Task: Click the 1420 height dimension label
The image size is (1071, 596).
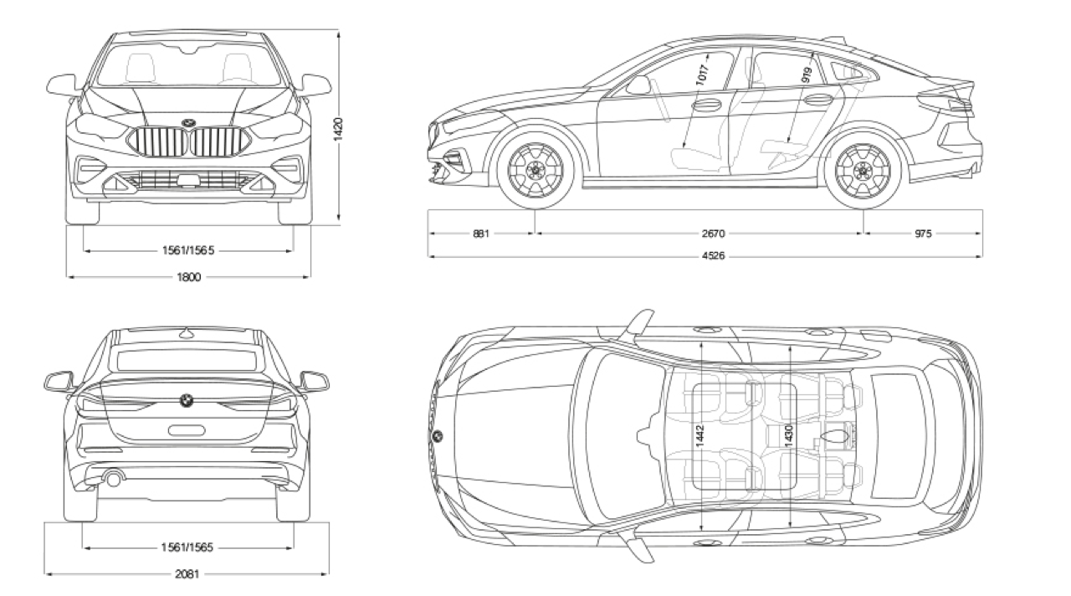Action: [x=339, y=129]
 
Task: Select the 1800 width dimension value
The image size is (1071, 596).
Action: [x=189, y=277]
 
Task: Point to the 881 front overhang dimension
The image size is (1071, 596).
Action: [x=480, y=234]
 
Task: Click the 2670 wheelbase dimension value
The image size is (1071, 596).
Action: [x=700, y=234]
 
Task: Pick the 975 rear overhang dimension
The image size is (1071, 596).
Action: [x=922, y=234]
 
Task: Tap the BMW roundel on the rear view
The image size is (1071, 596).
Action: [x=186, y=400]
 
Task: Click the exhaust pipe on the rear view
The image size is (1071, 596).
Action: [x=113, y=479]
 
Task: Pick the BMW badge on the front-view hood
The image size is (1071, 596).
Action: [x=188, y=123]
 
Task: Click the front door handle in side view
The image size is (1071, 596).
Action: [x=706, y=105]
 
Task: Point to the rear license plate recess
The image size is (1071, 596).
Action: [x=186, y=430]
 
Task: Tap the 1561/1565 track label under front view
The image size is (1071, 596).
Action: [x=189, y=250]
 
